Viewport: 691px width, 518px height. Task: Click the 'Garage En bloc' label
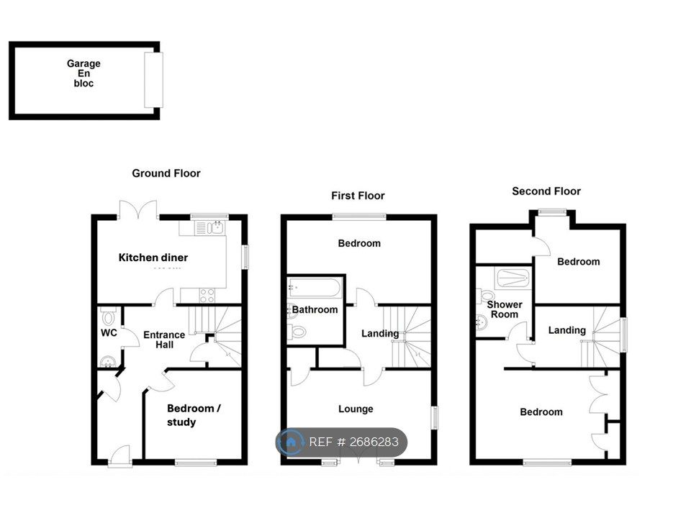[x=84, y=73]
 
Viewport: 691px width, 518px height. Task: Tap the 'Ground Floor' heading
[x=166, y=173]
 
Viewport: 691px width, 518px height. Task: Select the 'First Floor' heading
[x=358, y=196]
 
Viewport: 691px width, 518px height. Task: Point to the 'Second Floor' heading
[x=546, y=191]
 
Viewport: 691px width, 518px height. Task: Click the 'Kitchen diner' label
[x=153, y=258]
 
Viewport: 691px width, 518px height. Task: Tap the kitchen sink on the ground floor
[x=214, y=228]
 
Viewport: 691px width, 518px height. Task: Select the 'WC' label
[x=108, y=333]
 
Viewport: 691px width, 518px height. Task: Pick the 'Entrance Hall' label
[x=164, y=340]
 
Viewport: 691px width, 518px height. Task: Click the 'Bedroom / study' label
[x=194, y=415]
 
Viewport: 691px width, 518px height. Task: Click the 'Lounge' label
[x=356, y=409]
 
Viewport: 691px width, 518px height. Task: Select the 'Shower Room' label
[x=505, y=309]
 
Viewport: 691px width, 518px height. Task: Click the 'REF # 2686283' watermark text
[x=353, y=442]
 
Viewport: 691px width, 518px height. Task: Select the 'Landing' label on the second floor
[x=566, y=330]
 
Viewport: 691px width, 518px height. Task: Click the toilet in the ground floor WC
[x=109, y=317]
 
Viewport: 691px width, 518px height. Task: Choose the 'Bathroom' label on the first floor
[x=315, y=310]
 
